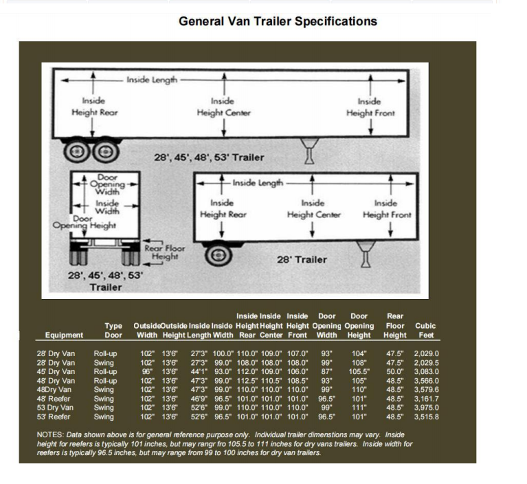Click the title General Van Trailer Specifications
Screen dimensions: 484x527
point(278,21)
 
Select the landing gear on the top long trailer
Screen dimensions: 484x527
point(310,151)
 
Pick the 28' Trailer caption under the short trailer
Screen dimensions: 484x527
point(302,260)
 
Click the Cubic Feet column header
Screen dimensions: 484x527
point(425,330)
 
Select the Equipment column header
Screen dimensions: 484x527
point(64,335)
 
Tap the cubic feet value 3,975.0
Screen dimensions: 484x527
point(426,407)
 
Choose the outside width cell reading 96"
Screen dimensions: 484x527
point(148,371)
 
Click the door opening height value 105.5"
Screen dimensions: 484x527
point(359,371)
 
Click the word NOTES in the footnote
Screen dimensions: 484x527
point(49,434)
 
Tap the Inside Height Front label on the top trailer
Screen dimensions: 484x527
point(370,107)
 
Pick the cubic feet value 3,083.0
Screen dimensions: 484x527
point(426,371)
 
